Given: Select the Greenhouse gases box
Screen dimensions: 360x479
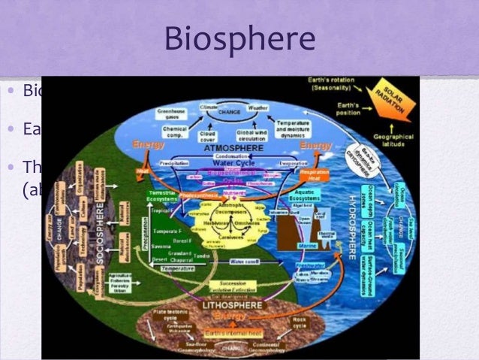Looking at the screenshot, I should [171, 113].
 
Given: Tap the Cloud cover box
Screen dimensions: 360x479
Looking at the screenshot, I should [208, 138].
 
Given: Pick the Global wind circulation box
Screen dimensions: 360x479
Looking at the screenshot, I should [252, 138].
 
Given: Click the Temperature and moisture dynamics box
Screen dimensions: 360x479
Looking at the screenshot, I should [292, 126].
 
